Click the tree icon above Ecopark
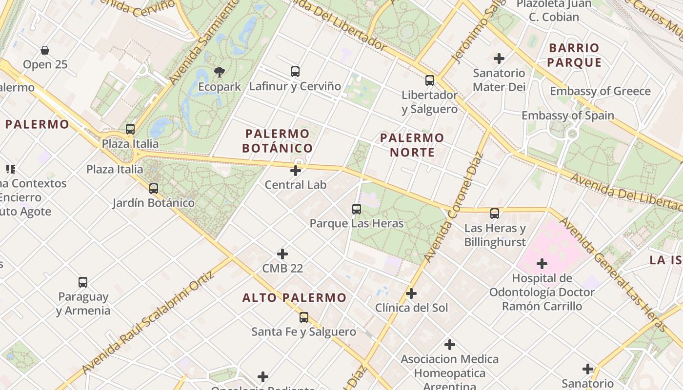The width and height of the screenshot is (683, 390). [x=220, y=72]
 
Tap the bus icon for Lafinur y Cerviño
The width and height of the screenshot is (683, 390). [x=295, y=72]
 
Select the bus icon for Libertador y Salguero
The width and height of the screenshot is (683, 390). [x=429, y=80]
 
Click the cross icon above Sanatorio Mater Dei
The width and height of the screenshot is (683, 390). [x=499, y=58]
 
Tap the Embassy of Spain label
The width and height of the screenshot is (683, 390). [x=567, y=116]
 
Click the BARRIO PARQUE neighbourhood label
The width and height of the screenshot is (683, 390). [x=574, y=55]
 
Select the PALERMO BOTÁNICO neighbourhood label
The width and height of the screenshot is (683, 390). [x=278, y=140]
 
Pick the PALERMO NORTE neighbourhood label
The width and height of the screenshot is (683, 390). [x=412, y=145]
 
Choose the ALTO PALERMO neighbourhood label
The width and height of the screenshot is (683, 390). [x=294, y=297]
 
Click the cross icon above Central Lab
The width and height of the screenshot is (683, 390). [x=295, y=171]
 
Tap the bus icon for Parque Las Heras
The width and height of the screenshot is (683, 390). [x=357, y=209]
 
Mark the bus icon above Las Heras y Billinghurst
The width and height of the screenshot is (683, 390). [x=494, y=214]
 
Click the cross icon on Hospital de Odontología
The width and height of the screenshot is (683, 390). [x=542, y=264]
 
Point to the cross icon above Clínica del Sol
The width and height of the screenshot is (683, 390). [x=411, y=293]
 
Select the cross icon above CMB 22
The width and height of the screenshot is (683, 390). [x=282, y=254]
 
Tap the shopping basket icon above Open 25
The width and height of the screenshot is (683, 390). [x=45, y=50]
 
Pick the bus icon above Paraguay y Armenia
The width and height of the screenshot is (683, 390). [x=83, y=282]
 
